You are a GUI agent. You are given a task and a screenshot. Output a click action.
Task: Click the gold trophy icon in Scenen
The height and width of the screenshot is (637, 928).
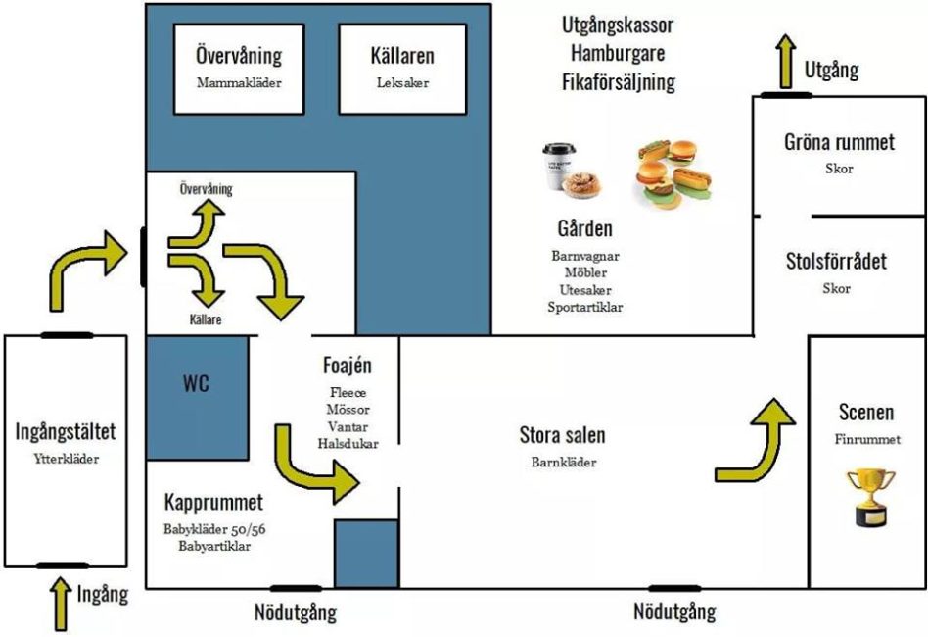(870, 496)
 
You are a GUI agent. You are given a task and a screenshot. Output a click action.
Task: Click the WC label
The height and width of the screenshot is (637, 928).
(196, 382)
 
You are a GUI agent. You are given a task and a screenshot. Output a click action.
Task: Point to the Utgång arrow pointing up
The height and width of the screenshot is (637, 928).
(783, 60)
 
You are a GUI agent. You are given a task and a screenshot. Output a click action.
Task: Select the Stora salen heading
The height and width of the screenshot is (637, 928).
(562, 435)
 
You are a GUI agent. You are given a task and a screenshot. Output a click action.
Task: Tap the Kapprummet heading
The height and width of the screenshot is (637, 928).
(213, 503)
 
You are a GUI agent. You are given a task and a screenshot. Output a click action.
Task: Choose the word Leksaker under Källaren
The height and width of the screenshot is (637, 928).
(402, 82)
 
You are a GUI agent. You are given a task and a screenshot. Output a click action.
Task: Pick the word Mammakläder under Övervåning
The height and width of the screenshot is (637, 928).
(238, 82)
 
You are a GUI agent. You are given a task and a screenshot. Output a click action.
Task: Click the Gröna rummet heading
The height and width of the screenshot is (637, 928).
(839, 142)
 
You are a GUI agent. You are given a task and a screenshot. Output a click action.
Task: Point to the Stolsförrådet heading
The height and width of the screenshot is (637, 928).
(836, 262)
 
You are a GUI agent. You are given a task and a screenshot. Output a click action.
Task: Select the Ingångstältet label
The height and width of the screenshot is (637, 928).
(67, 430)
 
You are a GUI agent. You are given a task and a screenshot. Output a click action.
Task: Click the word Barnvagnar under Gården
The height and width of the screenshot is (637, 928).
(585, 255)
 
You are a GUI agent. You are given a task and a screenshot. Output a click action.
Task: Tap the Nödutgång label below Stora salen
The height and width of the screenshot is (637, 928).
(673, 612)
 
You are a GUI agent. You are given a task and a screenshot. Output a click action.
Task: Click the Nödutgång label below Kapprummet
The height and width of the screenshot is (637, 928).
(296, 613)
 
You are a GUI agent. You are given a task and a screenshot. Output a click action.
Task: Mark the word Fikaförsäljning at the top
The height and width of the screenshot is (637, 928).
(618, 81)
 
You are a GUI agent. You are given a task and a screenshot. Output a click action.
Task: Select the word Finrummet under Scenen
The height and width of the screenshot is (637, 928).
(867, 439)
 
